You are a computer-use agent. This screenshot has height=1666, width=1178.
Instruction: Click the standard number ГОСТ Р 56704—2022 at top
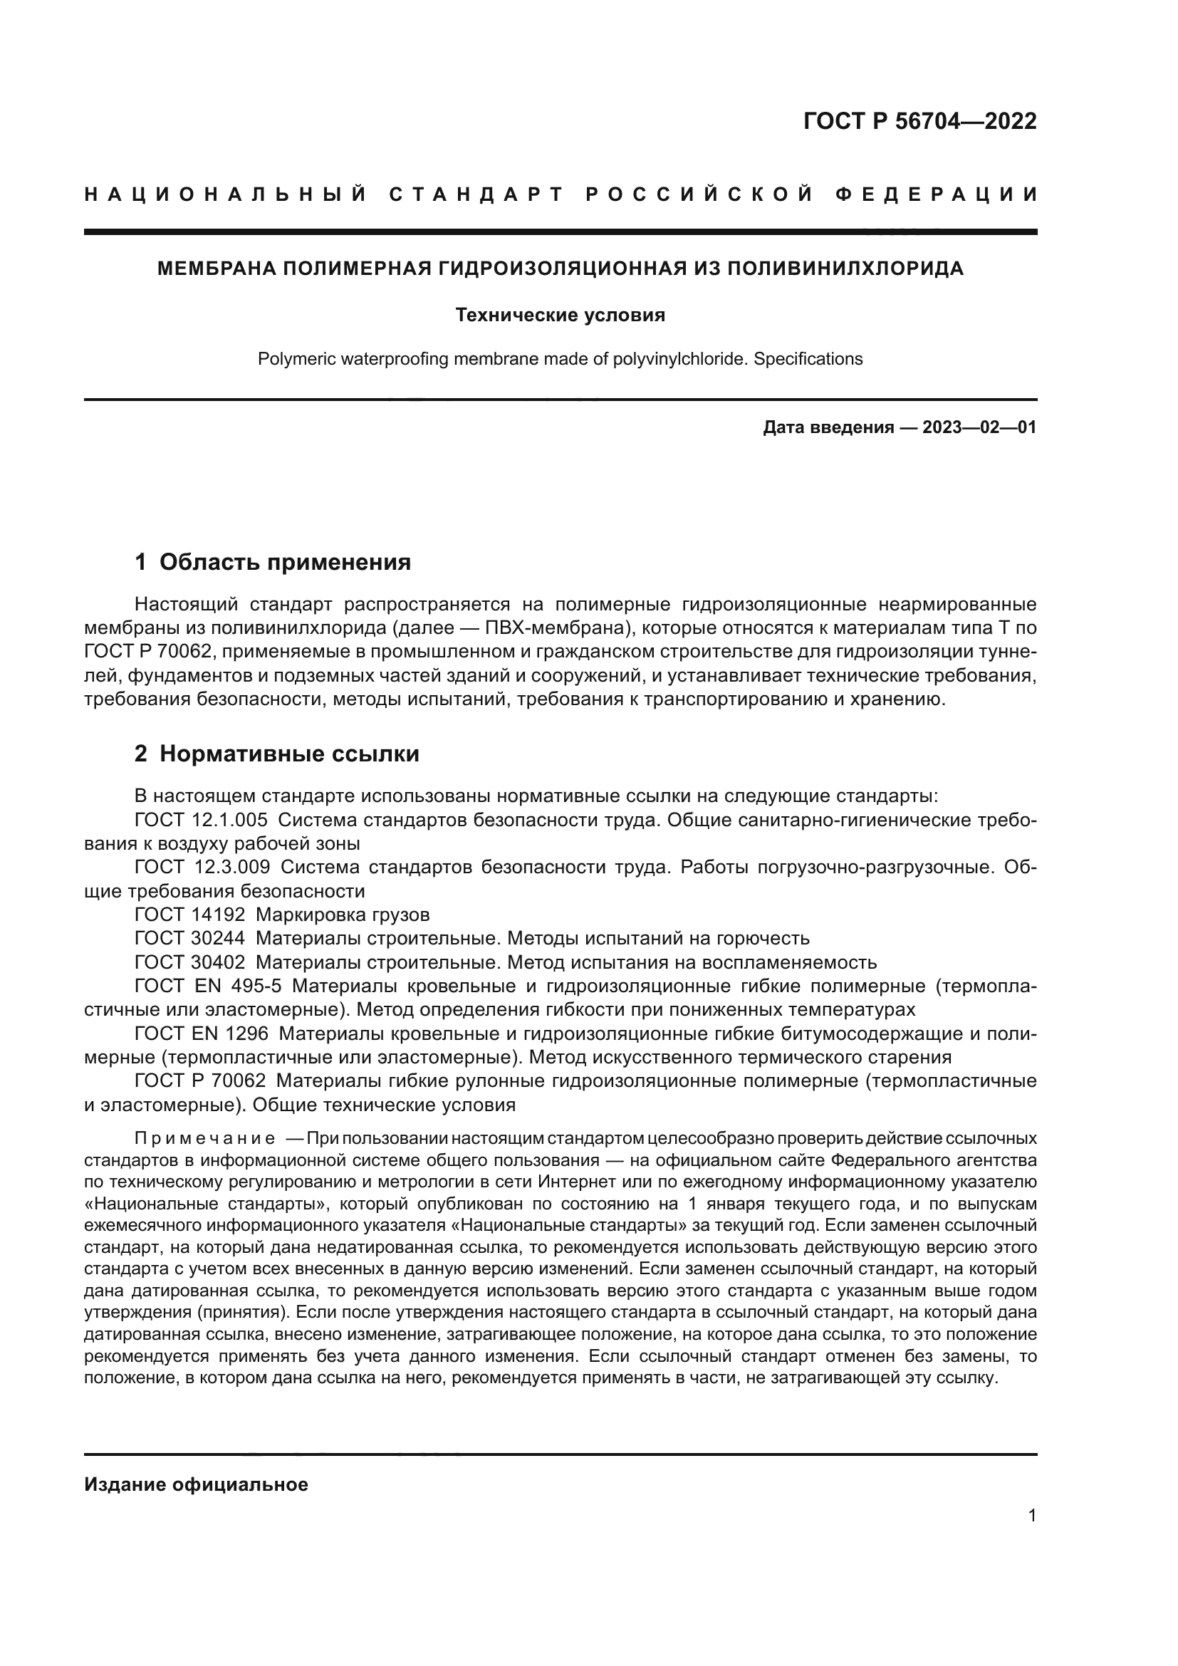coord(919,121)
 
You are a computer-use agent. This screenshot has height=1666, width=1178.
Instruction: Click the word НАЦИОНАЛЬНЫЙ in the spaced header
coord(226,194)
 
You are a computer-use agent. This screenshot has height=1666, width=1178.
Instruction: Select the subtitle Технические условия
coord(560,315)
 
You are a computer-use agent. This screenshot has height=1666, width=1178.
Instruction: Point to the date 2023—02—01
coord(979,427)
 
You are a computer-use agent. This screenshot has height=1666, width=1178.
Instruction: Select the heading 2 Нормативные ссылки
coord(277,754)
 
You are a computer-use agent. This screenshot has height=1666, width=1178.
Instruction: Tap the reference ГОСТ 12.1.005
coord(201,820)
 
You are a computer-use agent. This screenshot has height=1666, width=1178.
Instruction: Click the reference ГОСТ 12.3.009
coord(202,867)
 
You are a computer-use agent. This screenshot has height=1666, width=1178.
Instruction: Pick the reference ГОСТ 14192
coord(190,915)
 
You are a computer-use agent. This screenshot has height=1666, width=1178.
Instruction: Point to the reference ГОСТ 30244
coord(190,938)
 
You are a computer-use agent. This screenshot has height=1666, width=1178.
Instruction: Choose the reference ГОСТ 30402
coord(190,962)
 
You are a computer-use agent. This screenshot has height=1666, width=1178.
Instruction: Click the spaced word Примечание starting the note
coord(204,1137)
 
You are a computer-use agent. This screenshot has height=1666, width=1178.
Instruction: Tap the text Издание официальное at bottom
coord(196,1484)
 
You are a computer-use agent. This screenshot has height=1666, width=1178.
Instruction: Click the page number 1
coord(1032,1516)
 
